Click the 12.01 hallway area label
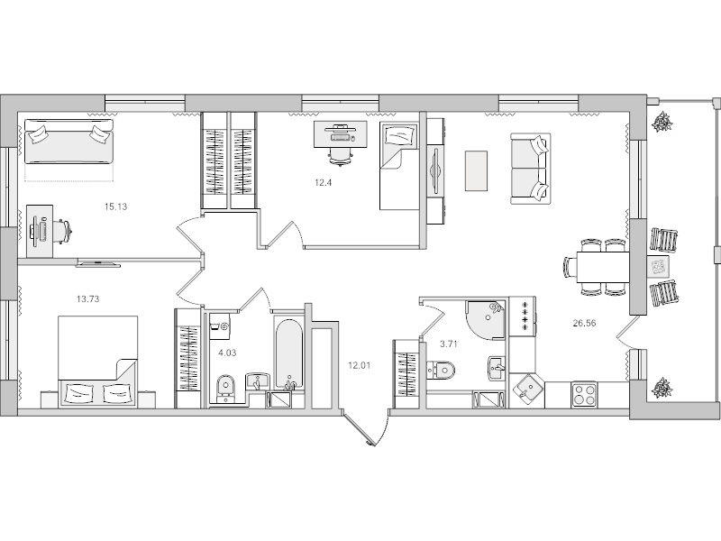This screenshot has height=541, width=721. [x=360, y=365]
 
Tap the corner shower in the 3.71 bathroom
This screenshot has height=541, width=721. [x=487, y=317]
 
